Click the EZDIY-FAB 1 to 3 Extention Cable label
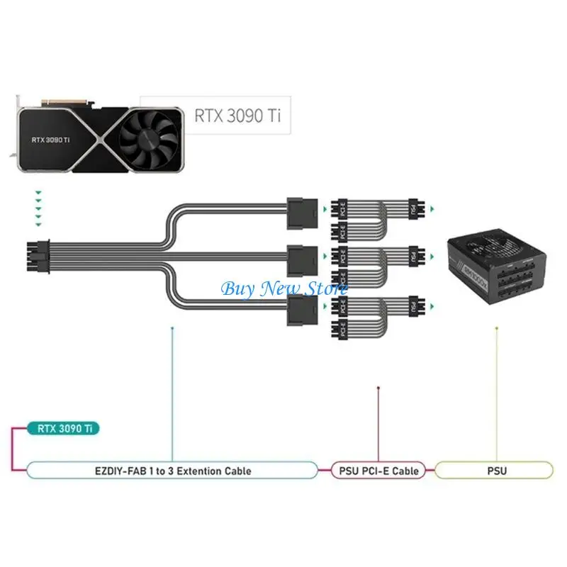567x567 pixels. [x=172, y=470]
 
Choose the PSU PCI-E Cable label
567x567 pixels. [x=378, y=470]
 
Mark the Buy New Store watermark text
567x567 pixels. [x=283, y=288]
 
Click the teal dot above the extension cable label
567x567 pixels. [x=172, y=328]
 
